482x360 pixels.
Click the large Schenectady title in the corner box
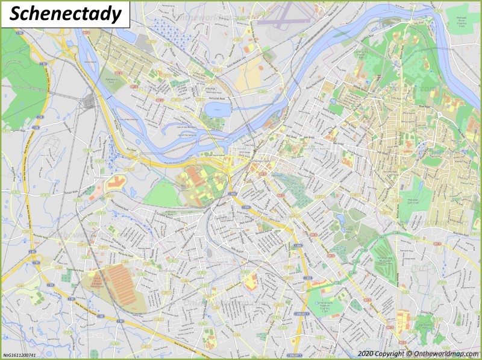click(x=66, y=14)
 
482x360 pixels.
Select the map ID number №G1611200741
click(x=19, y=355)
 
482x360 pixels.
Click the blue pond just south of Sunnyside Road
click(x=216, y=109)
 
